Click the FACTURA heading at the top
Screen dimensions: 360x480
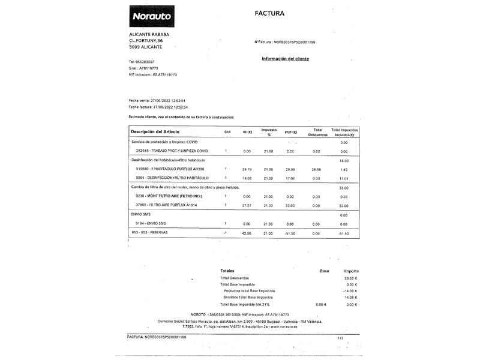(x=269, y=13)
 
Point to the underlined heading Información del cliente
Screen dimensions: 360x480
(x=286, y=59)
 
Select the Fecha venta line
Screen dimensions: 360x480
(x=157, y=100)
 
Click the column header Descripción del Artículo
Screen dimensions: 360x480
(x=155, y=131)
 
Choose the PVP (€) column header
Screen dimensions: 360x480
(x=291, y=132)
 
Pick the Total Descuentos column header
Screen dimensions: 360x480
(x=317, y=132)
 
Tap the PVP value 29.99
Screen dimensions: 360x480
(x=291, y=169)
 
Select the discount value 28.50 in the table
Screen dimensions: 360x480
(x=317, y=169)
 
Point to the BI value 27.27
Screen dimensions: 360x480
(x=247, y=205)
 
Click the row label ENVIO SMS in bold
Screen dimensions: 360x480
(x=141, y=214)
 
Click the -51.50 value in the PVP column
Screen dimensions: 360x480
(x=290, y=232)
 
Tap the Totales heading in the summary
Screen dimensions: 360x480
(x=227, y=271)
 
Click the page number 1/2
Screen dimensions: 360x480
(x=341, y=338)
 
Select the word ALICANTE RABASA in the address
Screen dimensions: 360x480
(x=149, y=34)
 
